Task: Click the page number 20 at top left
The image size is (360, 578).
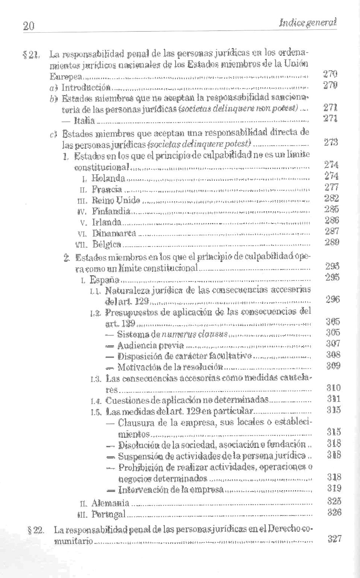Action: tap(29, 26)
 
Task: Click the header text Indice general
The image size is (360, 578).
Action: tap(307, 22)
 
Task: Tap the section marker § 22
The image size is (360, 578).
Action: tap(36, 530)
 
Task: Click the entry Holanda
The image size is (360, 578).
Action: tap(108, 178)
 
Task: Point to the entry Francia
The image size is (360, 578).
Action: tap(107, 189)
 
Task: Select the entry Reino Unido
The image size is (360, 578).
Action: tap(116, 200)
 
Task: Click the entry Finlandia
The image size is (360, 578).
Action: tap(111, 211)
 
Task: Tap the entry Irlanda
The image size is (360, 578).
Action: tap(107, 222)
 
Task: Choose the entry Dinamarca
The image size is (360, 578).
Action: tap(114, 233)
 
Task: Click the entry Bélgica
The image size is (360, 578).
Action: tap(107, 245)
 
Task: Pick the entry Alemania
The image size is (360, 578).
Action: tap(111, 503)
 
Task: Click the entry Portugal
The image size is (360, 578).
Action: tap(108, 514)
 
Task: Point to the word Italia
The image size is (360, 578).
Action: tap(85, 121)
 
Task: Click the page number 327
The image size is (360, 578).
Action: tap(334, 538)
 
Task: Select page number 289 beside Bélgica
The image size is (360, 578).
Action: tap(332, 242)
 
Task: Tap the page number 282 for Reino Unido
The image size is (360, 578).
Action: tap(332, 198)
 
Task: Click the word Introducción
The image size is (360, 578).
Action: tap(86, 88)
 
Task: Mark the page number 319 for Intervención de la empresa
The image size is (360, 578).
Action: tap(334, 488)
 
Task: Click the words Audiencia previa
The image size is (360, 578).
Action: tap(150, 345)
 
